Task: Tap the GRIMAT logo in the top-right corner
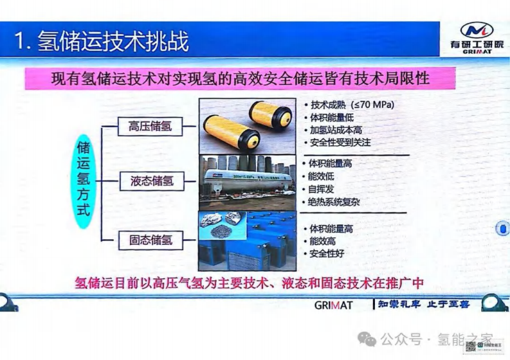(477, 38)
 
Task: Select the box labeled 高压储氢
(150, 126)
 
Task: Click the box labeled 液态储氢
(150, 181)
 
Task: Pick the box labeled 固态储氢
(150, 240)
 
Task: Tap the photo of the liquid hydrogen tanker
(246, 181)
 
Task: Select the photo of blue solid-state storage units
(246, 240)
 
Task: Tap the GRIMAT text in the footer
(333, 305)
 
